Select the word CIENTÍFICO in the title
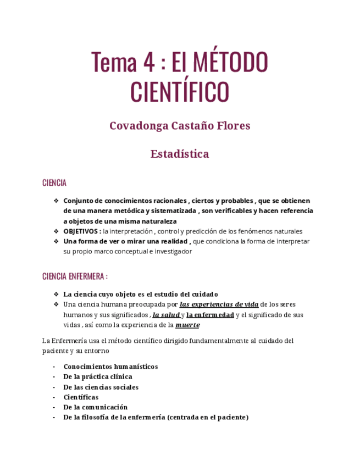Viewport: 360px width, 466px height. click(180, 92)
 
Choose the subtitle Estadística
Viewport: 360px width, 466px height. click(180, 154)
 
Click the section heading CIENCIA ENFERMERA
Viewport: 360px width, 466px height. click(73, 276)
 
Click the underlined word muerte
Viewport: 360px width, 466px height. click(187, 325)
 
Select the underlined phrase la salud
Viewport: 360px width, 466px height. click(166, 315)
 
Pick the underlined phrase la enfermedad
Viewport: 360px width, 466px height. click(211, 315)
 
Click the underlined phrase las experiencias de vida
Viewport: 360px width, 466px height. click(219, 304)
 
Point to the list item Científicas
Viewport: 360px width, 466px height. click(81, 397)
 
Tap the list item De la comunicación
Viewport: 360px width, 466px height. click(95, 407)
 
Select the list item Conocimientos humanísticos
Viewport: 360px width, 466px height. click(110, 367)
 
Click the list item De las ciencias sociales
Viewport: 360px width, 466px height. click(101, 387)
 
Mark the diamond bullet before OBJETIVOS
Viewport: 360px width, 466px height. click(56, 231)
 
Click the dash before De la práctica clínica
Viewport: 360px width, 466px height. click(54, 377)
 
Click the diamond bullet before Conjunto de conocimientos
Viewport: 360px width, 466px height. click(56, 201)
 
